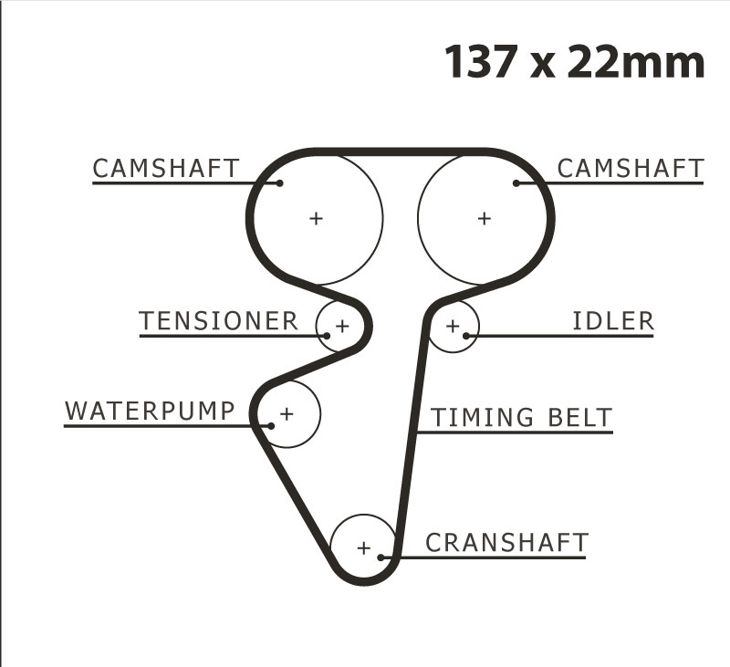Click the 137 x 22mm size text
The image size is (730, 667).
coord(575,61)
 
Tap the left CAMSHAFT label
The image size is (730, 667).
coord(166,168)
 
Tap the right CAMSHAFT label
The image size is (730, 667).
coord(631,168)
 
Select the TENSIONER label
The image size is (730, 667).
coord(218,320)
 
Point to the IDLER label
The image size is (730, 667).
coord(612,320)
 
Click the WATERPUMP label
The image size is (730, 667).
coord(150,411)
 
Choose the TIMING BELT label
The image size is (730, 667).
coord(521,417)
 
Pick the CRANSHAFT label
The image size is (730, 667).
coord(507,543)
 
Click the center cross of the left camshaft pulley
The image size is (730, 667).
coord(316,218)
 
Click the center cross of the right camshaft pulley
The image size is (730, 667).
coord(485,218)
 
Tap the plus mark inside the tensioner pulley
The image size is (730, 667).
coord(342,326)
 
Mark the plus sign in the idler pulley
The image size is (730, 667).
coord(453,326)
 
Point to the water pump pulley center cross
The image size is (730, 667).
coord(287,413)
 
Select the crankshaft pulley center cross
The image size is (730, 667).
coord(363,547)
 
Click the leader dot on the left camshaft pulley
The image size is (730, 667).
coord(279,183)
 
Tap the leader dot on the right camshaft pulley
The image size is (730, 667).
coord(516,183)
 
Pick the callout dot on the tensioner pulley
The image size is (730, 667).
coord(327,336)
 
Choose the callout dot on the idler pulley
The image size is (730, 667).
coord(466,336)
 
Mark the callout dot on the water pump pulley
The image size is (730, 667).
coord(271,426)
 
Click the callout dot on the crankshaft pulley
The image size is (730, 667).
coord(381,558)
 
